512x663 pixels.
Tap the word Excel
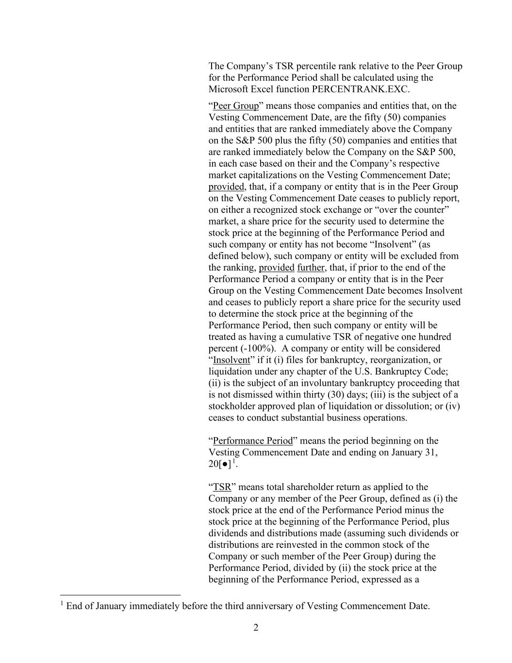click(x=264, y=89)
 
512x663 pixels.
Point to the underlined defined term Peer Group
click(x=236, y=106)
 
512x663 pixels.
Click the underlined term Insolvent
click(x=231, y=360)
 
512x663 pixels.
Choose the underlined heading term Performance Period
click(x=253, y=441)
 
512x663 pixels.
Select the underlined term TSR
click(x=222, y=487)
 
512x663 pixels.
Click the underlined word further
click(x=311, y=268)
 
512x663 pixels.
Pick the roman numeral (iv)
click(x=452, y=406)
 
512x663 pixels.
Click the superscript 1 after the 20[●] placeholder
click(x=233, y=461)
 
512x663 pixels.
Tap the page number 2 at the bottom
click(x=256, y=628)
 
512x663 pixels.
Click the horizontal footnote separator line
click(x=120, y=595)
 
